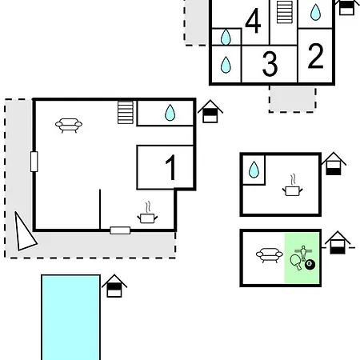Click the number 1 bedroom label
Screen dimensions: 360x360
click(170, 167)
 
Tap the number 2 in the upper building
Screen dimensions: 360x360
click(315, 56)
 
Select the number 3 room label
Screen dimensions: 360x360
click(270, 64)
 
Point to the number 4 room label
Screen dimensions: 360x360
click(253, 21)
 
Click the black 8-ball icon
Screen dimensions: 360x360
click(310, 265)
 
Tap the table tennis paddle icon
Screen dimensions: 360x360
click(296, 262)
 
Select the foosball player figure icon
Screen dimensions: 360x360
click(303, 253)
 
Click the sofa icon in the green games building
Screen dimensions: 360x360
click(270, 255)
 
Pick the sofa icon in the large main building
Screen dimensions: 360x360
click(69, 125)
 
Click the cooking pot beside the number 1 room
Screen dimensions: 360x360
click(147, 214)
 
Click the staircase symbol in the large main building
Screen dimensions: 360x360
click(126, 112)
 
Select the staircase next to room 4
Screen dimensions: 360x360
click(285, 12)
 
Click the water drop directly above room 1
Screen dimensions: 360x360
click(170, 113)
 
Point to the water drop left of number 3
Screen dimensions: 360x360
click(226, 65)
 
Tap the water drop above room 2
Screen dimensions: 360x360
click(315, 12)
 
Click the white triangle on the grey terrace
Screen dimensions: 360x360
click(23, 234)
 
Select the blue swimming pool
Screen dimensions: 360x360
click(70, 318)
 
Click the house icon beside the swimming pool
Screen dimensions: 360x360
click(114, 286)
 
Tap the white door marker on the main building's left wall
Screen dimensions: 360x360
click(34, 162)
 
